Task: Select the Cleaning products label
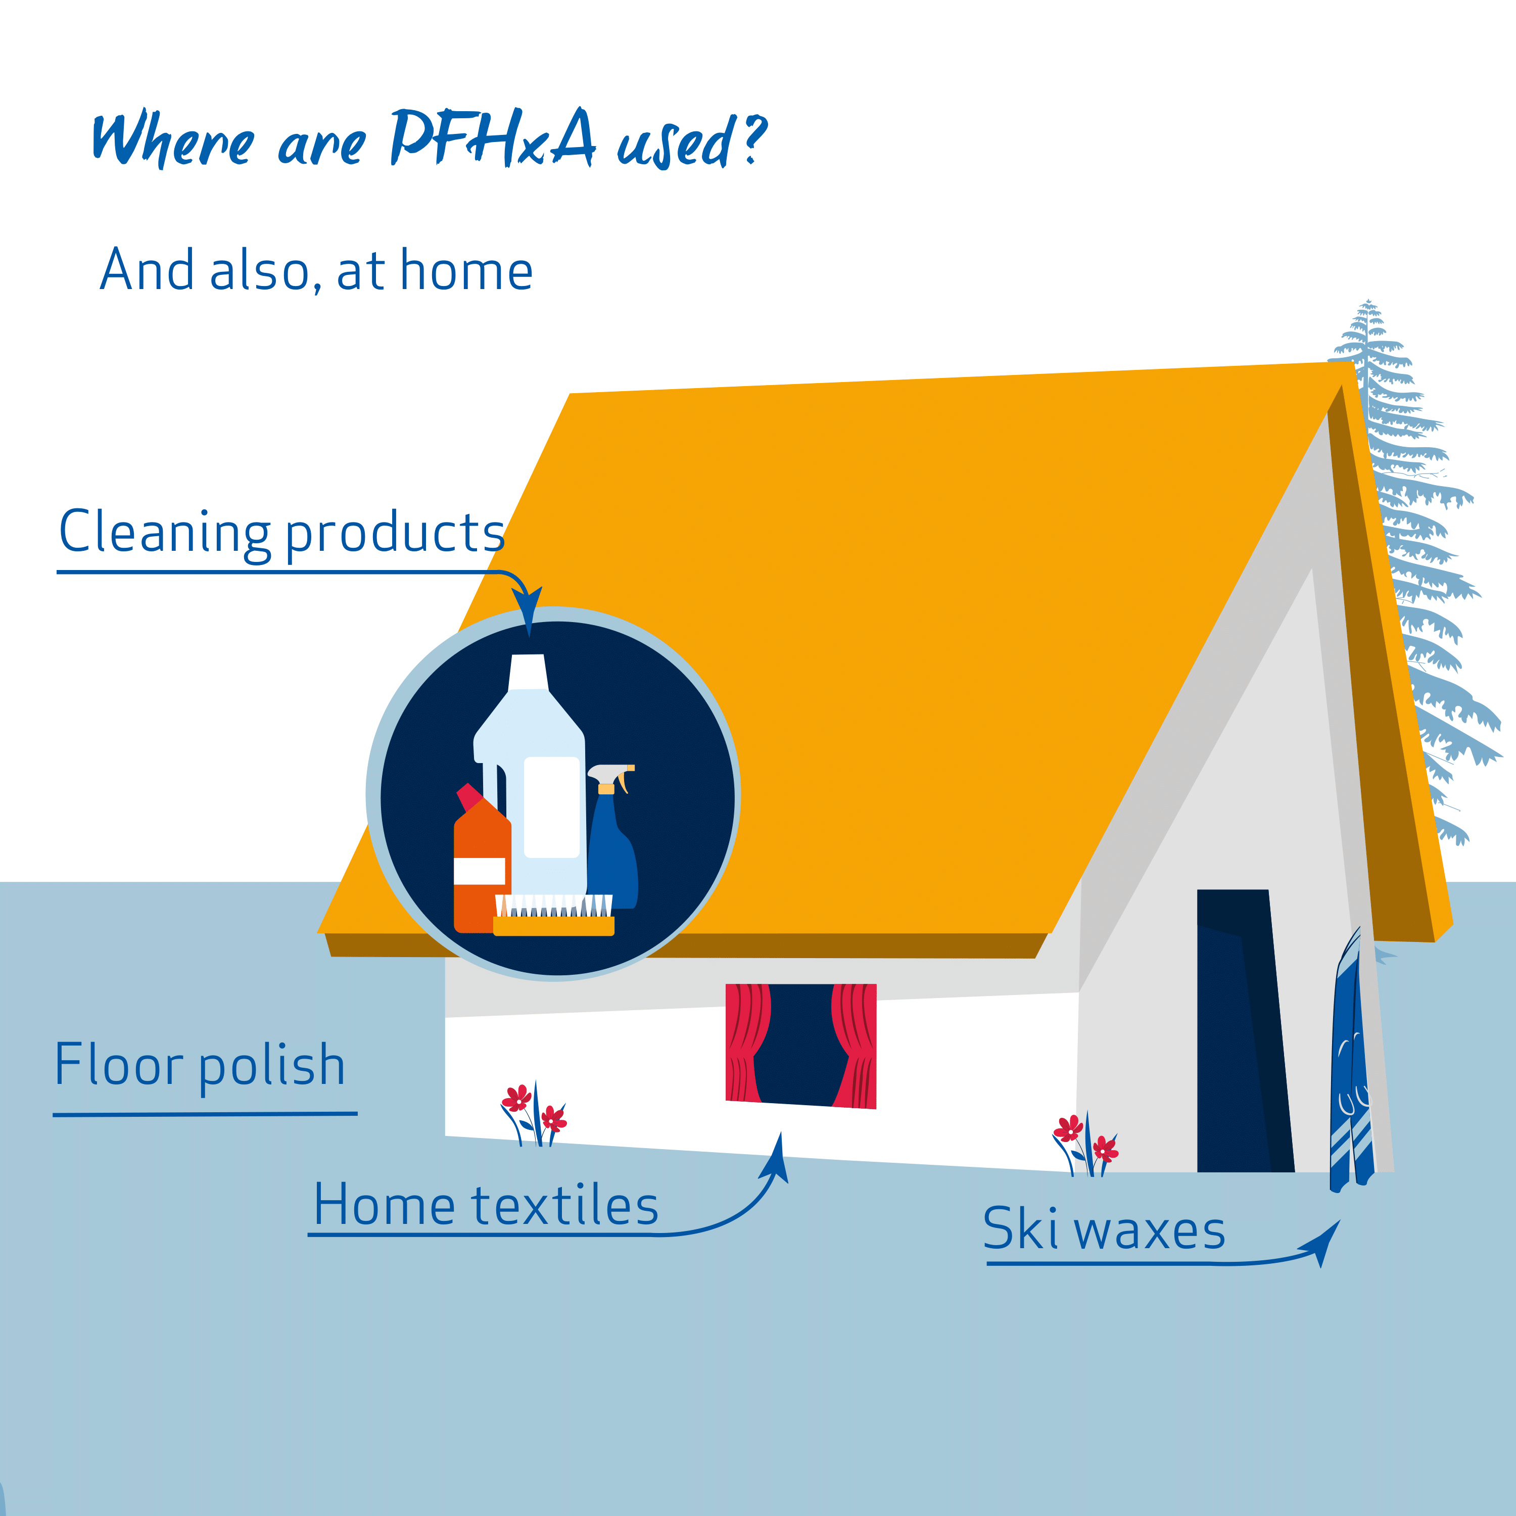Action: coord(281,533)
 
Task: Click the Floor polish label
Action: coord(200,1066)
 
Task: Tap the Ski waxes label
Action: coord(1104,1229)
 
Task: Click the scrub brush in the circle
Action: coord(553,915)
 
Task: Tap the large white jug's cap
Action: coord(528,673)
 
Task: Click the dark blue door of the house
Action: coord(1244,1031)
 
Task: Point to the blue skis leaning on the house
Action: coord(1351,1059)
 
